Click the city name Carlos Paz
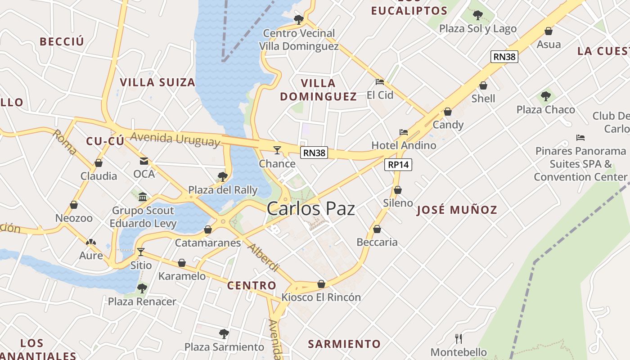[310, 209]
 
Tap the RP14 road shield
[399, 165]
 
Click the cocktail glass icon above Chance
[277, 150]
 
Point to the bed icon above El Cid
[380, 82]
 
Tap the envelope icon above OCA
[144, 161]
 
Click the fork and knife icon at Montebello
[459, 338]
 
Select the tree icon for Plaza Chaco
[546, 96]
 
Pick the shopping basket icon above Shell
[483, 85]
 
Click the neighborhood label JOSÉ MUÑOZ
[457, 210]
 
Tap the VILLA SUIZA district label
[157, 82]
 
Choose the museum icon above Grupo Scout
[143, 197]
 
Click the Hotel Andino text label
[404, 145]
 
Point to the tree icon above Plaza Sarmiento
[224, 334]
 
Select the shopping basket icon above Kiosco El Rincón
[321, 284]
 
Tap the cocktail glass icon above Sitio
[141, 252]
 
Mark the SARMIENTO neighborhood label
[344, 344]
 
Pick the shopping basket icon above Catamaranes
[208, 229]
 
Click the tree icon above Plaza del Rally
[222, 176]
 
